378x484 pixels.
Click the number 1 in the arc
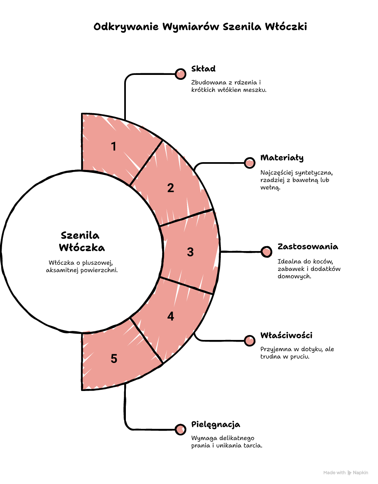point(114,146)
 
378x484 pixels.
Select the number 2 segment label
point(171,188)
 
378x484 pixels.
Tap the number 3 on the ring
point(190,252)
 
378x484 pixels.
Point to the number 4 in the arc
point(171,316)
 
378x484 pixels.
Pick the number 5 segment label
point(114,359)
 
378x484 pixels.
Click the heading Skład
point(203,68)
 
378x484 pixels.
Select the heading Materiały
point(282,158)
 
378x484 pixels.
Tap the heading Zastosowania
point(308,247)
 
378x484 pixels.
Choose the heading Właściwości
point(286,335)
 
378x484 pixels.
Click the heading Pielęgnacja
point(216,424)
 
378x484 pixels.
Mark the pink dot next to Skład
point(181,74)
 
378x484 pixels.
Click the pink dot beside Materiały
point(250,163)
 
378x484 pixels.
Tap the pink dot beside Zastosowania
point(266,252)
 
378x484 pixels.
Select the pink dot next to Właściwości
point(250,341)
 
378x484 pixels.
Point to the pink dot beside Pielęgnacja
point(181,429)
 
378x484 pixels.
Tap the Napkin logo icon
point(350,473)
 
